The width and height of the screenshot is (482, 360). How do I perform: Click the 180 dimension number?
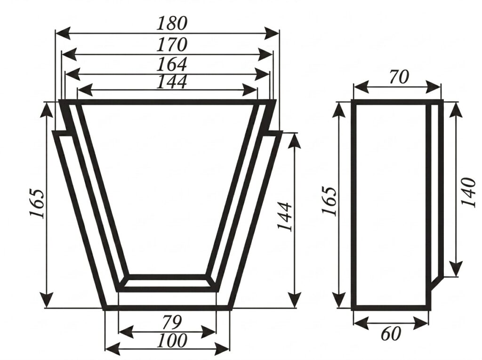171,24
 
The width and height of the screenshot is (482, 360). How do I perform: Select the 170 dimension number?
171,45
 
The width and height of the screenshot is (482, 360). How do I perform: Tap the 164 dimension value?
171,64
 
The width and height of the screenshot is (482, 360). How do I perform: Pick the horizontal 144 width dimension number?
171,82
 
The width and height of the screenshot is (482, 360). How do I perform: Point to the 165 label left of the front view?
37,203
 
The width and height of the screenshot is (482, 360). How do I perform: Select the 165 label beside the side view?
329,201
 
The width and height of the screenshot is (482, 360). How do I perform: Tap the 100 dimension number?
171,340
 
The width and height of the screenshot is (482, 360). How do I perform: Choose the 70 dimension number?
399,77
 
